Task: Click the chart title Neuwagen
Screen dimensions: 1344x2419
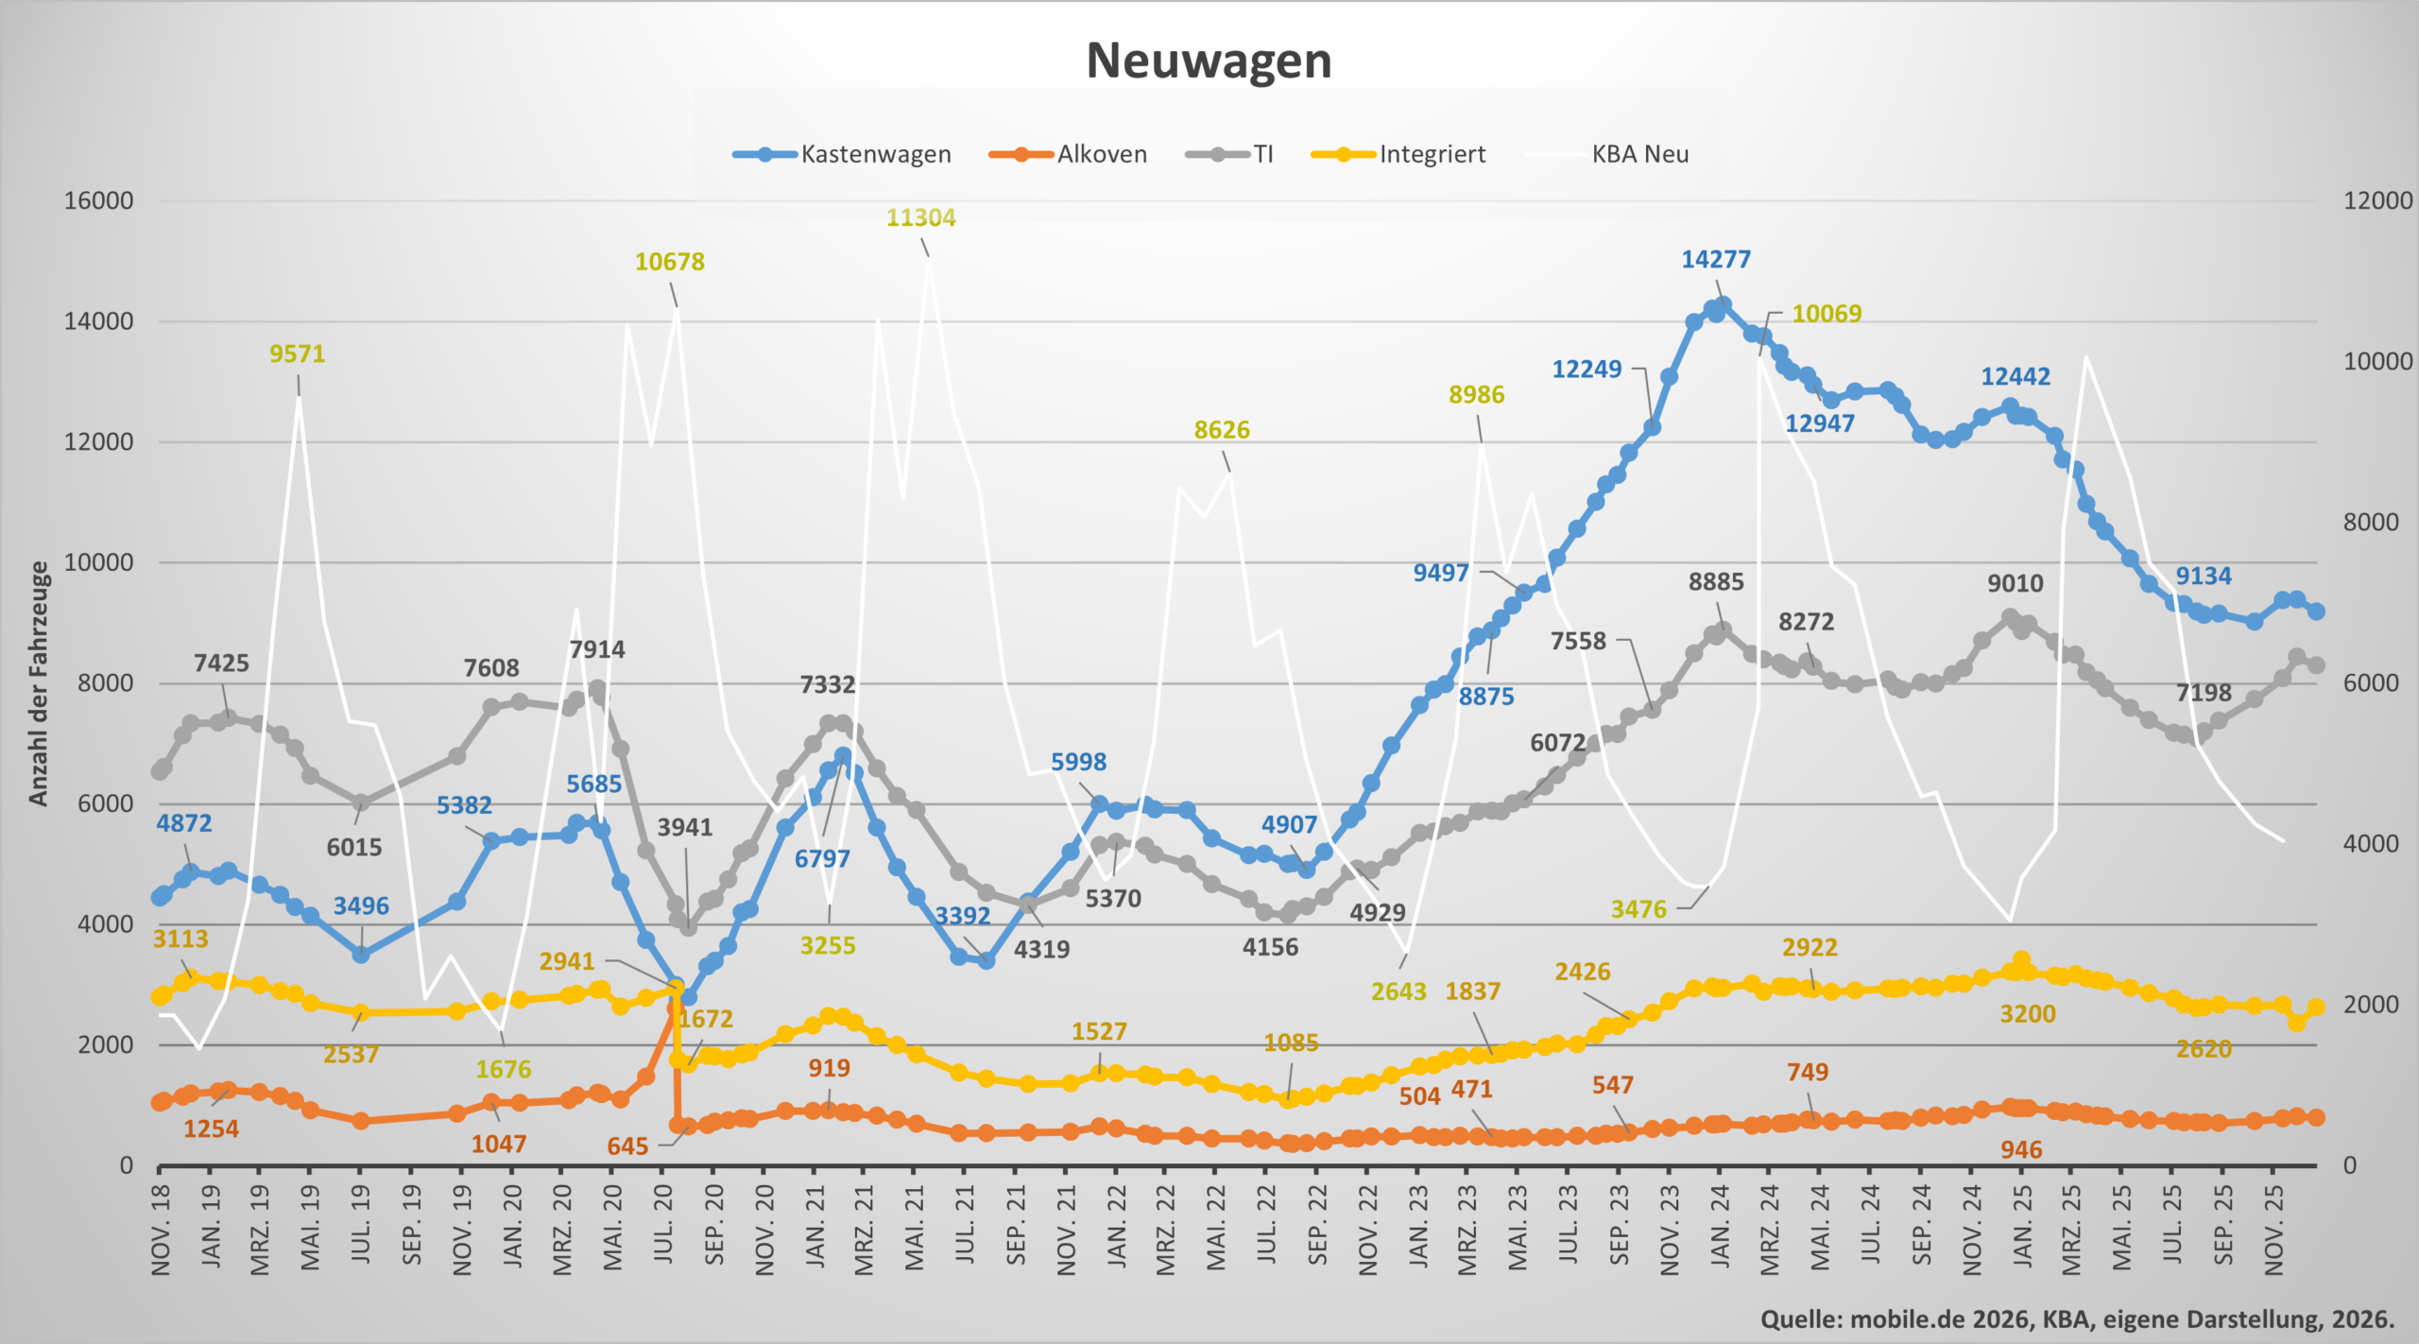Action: [x=1209, y=60]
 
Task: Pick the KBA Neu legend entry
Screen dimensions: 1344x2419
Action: [x=1639, y=154]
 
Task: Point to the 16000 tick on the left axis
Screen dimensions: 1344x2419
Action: [x=98, y=200]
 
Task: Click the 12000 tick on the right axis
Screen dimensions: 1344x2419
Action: [x=2377, y=200]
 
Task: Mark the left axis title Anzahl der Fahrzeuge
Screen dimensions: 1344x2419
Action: [x=38, y=682]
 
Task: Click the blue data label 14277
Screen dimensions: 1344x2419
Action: [x=1716, y=259]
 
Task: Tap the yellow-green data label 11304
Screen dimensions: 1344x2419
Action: [x=920, y=217]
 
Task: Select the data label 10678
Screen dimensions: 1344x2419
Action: [x=669, y=262]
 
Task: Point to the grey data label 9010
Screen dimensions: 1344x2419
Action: [x=2015, y=583]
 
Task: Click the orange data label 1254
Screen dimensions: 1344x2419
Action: [x=211, y=1129]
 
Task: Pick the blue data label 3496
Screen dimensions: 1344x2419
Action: [x=361, y=905]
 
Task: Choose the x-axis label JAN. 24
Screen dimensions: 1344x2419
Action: [x=1720, y=1226]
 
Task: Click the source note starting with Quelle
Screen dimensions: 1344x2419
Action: [x=2077, y=1319]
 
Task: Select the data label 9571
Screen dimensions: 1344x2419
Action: [x=297, y=353]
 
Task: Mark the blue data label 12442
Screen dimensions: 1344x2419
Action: [x=2015, y=376]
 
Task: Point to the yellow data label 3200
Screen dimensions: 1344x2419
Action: [x=2027, y=1014]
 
